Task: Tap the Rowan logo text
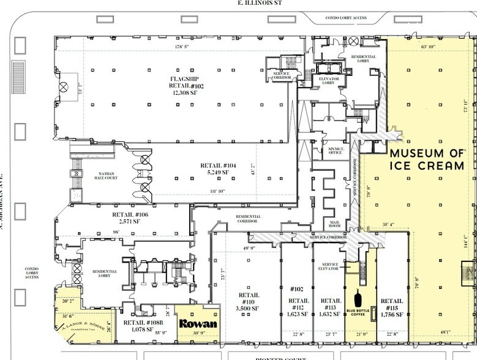coord(193,323)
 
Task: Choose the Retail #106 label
coord(130,219)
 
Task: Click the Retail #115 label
coord(391,307)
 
